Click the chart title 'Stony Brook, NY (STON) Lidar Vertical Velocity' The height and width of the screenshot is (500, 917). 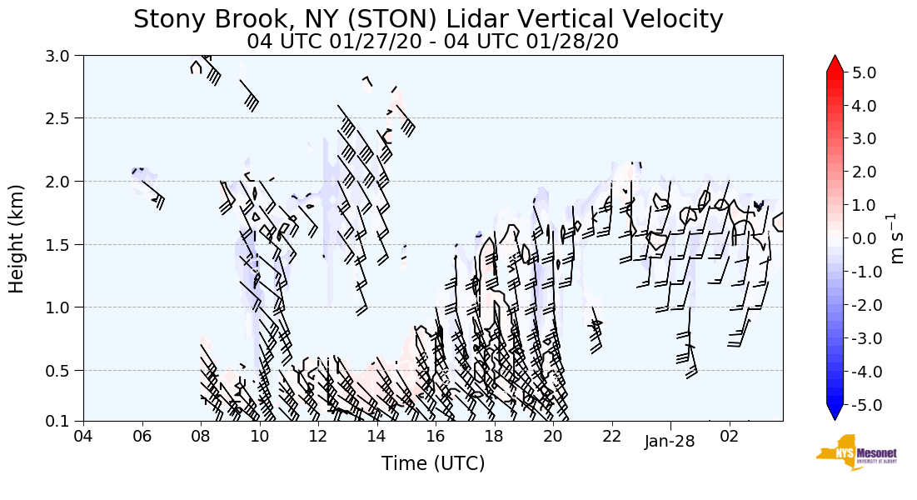pyautogui.click(x=428, y=19)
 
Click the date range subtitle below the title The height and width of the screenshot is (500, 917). pyautogui.click(x=432, y=42)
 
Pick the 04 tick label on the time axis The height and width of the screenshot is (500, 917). pyautogui.click(x=83, y=436)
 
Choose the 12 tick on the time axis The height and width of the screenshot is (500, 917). pyautogui.click(x=318, y=436)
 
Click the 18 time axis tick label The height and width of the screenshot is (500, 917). pyautogui.click(x=494, y=436)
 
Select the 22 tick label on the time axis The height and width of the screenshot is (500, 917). pyautogui.click(x=611, y=436)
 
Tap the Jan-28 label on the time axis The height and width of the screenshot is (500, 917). pyautogui.click(x=670, y=442)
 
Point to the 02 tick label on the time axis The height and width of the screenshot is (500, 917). pyautogui.click(x=729, y=436)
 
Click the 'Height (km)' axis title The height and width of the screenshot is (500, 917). pyautogui.click(x=17, y=238)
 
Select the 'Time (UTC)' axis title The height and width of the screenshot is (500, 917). pyautogui.click(x=433, y=463)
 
